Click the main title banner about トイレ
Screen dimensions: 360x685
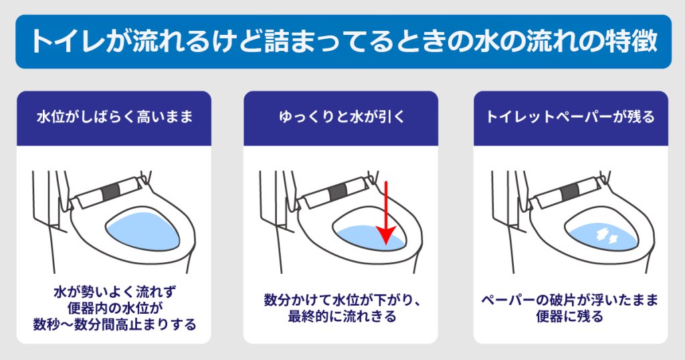(x=342, y=41)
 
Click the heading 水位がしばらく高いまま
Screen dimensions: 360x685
(x=114, y=117)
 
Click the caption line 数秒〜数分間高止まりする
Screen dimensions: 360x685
(x=114, y=325)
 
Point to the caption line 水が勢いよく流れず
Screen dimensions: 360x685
(x=114, y=292)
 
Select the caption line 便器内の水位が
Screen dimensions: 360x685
(x=114, y=308)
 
